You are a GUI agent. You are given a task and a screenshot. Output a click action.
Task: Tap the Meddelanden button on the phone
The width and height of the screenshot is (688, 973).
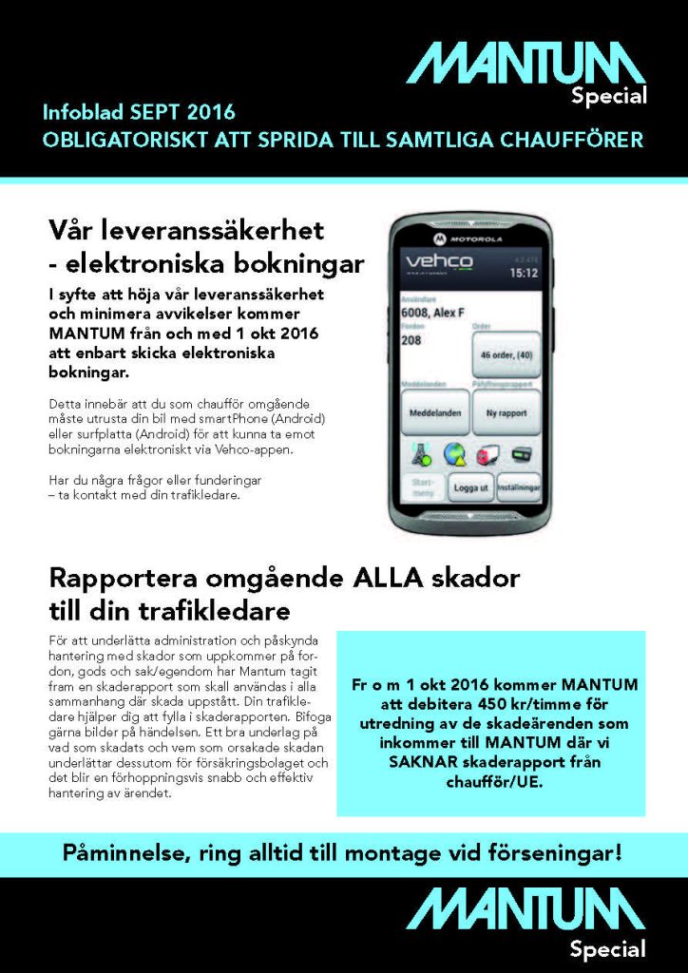tap(434, 414)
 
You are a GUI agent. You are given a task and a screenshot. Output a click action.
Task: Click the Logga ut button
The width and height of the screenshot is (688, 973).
tap(470, 486)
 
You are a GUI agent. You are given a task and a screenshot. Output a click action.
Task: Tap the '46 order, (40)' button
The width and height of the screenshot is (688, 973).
tap(506, 355)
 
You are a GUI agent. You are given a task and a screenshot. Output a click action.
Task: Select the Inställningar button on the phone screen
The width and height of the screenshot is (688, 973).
tap(519, 486)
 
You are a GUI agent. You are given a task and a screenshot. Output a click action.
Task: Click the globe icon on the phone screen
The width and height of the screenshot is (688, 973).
tap(453, 453)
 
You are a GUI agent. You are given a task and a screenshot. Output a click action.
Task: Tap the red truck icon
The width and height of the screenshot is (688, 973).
tap(487, 453)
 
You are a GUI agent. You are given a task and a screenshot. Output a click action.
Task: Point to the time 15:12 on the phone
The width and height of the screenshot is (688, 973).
tap(523, 273)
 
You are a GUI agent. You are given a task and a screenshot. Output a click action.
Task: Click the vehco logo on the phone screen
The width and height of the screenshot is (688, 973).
tap(439, 260)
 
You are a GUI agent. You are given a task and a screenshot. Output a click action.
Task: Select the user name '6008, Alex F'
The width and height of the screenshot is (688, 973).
tap(433, 311)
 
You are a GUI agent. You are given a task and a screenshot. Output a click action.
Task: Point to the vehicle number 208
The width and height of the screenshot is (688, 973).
tap(411, 339)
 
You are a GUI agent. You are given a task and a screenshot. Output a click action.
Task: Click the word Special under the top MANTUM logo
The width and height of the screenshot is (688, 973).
tap(608, 95)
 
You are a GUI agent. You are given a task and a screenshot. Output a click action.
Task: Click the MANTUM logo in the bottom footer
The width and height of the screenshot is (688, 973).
tap(526, 909)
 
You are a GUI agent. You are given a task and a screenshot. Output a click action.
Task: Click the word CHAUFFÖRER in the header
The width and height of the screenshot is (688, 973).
tap(576, 140)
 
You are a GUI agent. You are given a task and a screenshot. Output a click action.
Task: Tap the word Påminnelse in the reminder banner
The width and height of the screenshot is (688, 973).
tap(122, 852)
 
